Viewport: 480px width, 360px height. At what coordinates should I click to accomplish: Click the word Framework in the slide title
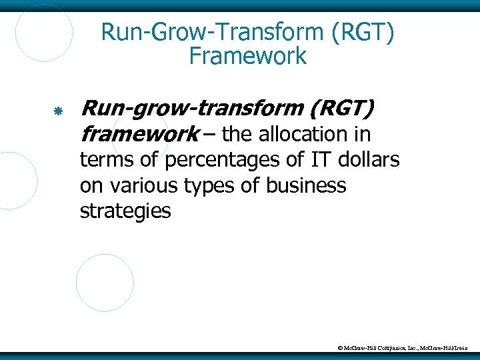click(247, 56)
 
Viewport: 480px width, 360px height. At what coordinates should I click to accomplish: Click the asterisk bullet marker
click(58, 109)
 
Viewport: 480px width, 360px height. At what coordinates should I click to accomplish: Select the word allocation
click(307, 135)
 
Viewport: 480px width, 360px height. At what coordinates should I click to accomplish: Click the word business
click(306, 186)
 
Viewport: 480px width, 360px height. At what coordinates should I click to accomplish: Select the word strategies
click(125, 212)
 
